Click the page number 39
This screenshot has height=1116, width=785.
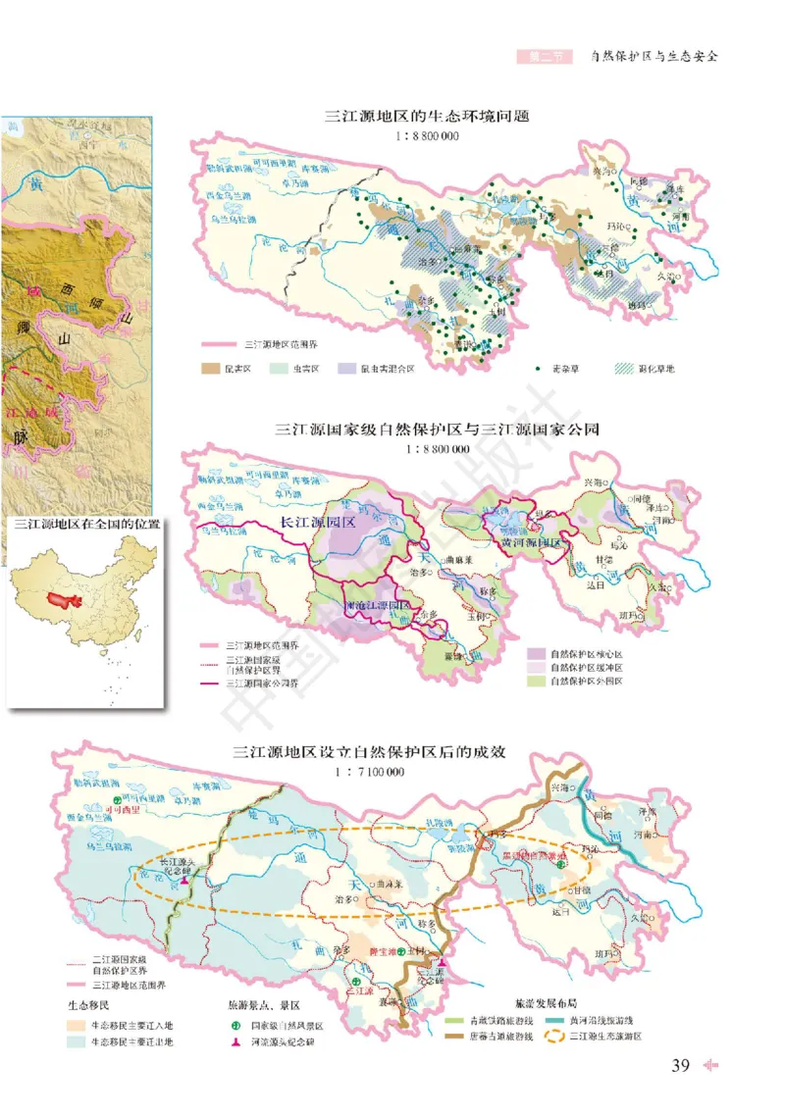coord(681,1066)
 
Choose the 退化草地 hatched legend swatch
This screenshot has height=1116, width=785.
coord(624,370)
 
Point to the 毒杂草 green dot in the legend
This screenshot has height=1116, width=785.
coord(540,370)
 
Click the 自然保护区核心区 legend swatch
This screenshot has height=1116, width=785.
coord(536,653)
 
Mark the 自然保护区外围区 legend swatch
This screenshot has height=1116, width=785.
coord(536,682)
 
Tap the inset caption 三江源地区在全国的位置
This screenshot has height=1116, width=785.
coord(81,525)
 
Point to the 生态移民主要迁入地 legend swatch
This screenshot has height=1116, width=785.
coord(76,1023)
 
